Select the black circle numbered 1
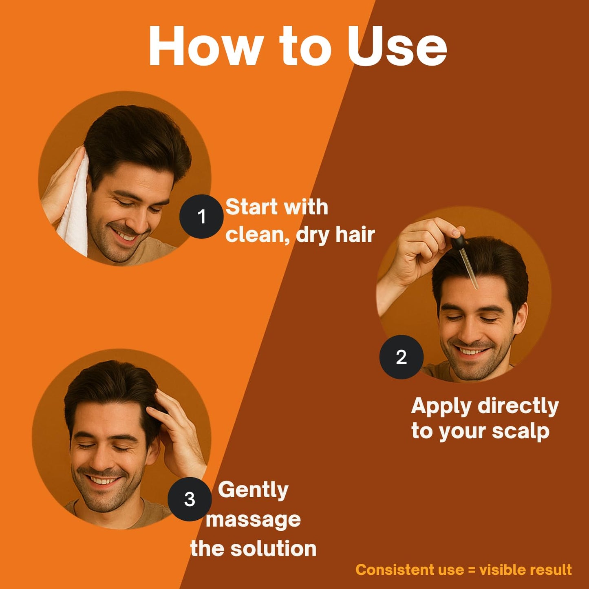coord(201,216)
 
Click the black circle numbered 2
coord(401,357)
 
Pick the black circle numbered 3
coord(190,499)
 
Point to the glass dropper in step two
coord(469,269)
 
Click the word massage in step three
coord(253,520)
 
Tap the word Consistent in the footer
coord(395,569)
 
